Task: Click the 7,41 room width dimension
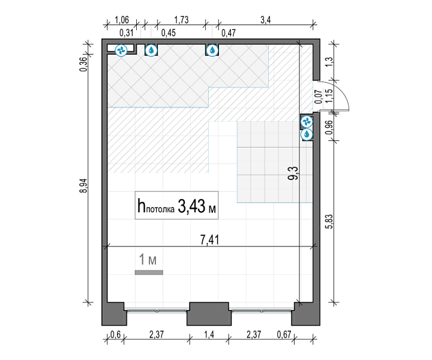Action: click(209, 239)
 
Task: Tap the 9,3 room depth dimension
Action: click(293, 173)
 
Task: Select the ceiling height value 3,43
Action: click(192, 206)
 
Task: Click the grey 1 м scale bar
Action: click(149, 272)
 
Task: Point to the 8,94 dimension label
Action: click(83, 185)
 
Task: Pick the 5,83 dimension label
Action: click(329, 221)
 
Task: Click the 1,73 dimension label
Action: click(181, 20)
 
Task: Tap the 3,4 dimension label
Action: click(266, 20)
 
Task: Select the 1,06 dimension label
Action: click(121, 20)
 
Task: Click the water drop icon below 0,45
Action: click(151, 50)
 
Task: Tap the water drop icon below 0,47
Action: click(212, 50)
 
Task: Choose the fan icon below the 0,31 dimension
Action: click(121, 50)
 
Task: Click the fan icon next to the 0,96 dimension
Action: click(307, 121)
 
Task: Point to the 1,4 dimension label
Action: click(209, 335)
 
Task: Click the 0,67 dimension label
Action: click(284, 335)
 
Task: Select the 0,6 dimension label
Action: click(115, 335)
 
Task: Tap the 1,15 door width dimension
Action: click(329, 96)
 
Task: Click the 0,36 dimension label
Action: click(83, 64)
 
